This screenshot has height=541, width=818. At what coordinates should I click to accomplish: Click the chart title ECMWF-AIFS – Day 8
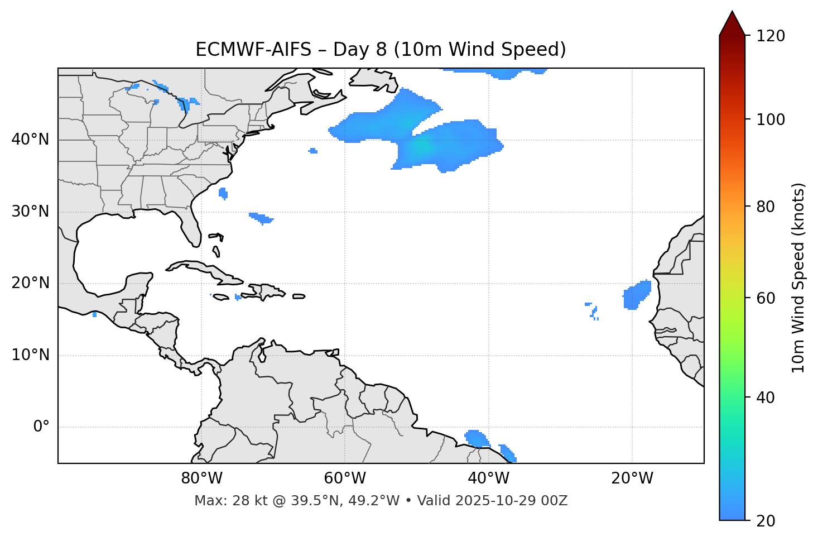[381, 50]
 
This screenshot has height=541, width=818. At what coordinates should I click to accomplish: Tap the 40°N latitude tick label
[30, 140]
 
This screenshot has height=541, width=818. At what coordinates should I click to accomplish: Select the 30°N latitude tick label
[30, 212]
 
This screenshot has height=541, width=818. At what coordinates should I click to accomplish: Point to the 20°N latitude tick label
[30, 283]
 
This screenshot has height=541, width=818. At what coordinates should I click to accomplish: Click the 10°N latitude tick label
[30, 355]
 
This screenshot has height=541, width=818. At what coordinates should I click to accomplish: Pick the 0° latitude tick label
[41, 427]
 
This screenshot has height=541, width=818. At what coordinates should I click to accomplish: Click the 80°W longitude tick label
[201, 478]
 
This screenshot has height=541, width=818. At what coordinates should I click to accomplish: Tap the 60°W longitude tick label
[345, 478]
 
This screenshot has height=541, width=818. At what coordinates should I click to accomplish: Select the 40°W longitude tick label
[488, 478]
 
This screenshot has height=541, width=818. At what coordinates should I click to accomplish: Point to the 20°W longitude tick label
[632, 478]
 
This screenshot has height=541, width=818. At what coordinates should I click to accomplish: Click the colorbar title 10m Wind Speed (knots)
[798, 278]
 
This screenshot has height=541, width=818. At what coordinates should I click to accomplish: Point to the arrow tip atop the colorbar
[732, 12]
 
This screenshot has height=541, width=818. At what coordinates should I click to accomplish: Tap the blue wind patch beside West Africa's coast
[636, 294]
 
